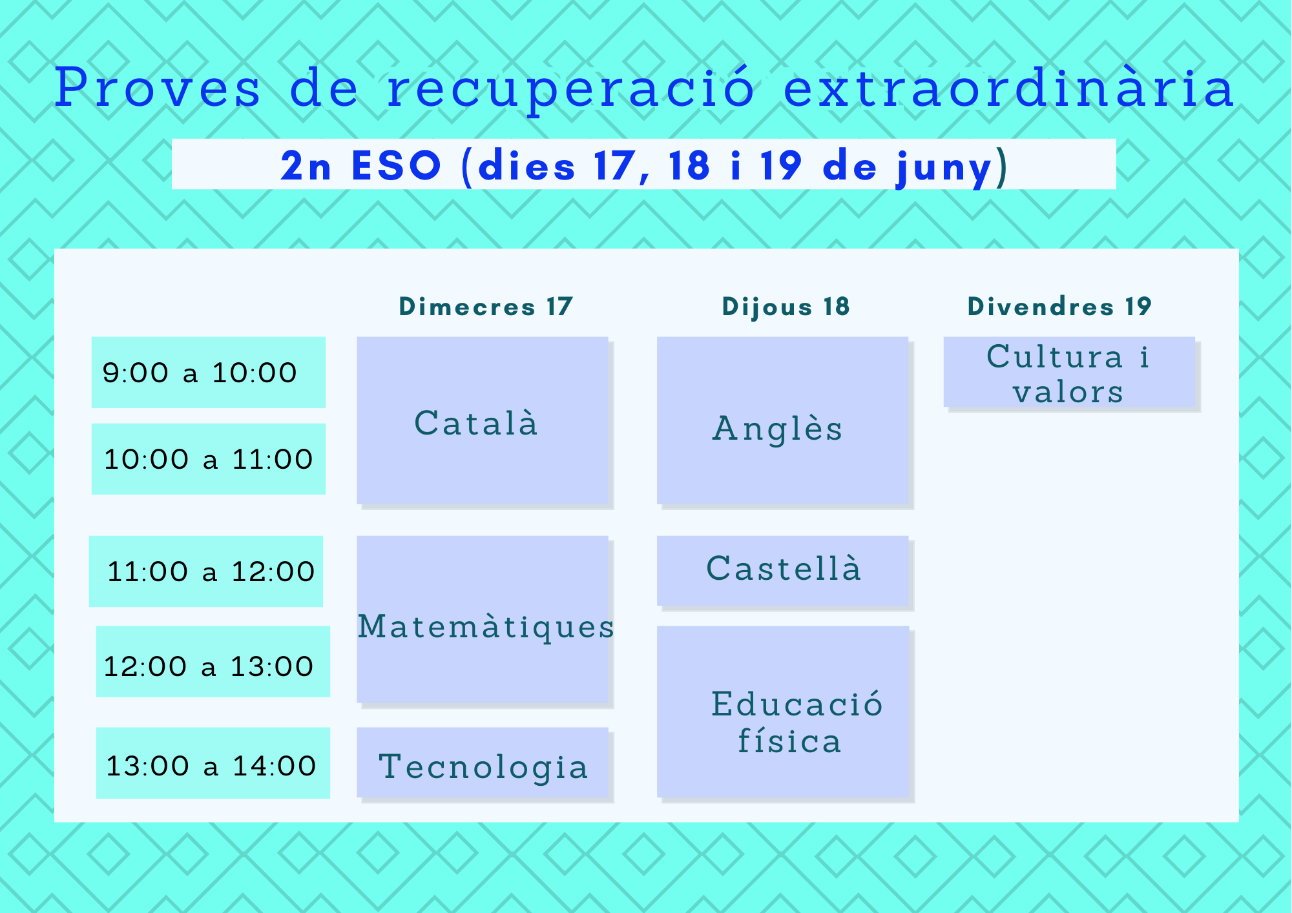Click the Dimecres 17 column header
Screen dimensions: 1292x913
coord(486,307)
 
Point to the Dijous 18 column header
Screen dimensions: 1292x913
coord(786,307)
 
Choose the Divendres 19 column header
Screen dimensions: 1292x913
coord(1059,307)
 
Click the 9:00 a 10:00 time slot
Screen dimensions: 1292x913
coord(208,372)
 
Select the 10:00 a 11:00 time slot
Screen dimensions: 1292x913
coord(208,459)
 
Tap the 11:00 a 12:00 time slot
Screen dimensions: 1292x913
coord(205,571)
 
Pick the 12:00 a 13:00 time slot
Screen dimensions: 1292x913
coord(213,662)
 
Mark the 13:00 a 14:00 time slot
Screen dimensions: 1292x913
coord(213,763)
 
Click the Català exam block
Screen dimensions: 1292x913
coord(483,420)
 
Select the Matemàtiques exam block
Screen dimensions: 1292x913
coord(483,619)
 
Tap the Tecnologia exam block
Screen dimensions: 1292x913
coord(483,763)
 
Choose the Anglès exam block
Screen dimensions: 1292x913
coord(783,420)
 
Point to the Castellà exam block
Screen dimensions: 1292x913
coord(783,571)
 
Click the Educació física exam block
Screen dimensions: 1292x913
coord(783,712)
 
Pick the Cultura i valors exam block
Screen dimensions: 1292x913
coord(1069,372)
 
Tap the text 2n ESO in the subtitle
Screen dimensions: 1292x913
coord(361,166)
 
